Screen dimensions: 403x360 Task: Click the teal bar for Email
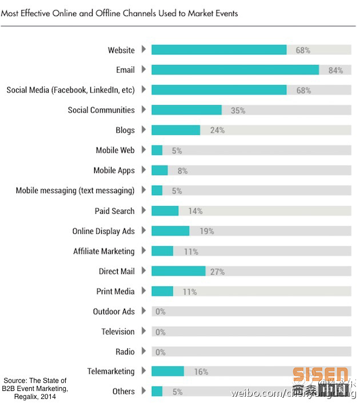[x=235, y=70]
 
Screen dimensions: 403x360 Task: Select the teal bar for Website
[x=219, y=50]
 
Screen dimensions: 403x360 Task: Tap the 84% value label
[x=335, y=70]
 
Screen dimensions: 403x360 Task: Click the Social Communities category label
[x=101, y=110]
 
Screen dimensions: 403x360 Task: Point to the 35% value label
[x=238, y=110]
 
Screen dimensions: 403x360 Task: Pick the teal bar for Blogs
[x=175, y=130]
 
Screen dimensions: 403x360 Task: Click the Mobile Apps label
[x=114, y=170]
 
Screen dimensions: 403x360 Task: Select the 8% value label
[x=182, y=171]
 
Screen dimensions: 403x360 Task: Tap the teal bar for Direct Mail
[x=178, y=271]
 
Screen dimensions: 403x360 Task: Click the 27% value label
[x=217, y=272]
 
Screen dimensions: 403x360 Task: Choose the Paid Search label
[x=114, y=211]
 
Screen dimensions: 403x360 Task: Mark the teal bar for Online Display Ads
[x=170, y=231]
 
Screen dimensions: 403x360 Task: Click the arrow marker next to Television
[x=143, y=332]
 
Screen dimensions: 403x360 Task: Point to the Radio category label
[x=125, y=352]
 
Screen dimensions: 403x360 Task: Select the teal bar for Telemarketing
[x=167, y=372]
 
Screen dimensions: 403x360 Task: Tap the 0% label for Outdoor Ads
[x=160, y=312]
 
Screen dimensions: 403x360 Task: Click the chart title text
[x=119, y=13]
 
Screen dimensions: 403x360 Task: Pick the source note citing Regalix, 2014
[x=35, y=389]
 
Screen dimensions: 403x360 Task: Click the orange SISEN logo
[x=320, y=375]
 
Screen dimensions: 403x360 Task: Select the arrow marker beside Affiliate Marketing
[x=143, y=251]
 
